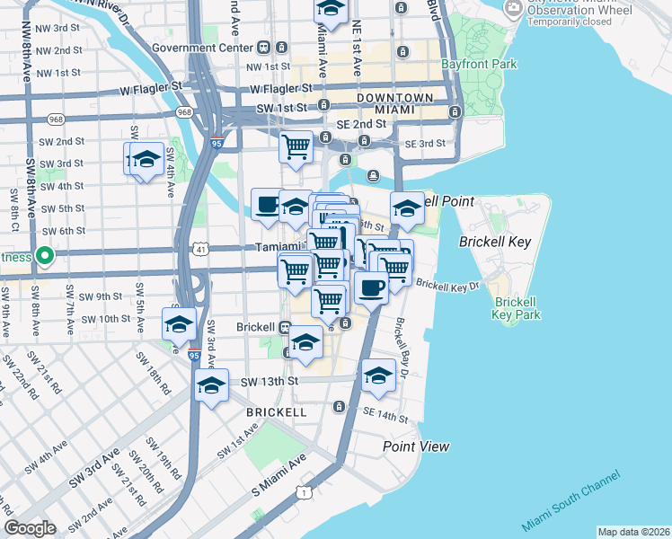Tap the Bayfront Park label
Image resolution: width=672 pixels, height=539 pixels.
[x=479, y=65]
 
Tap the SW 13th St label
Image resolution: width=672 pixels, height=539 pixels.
[x=269, y=382]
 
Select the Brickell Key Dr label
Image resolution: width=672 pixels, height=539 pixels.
[x=448, y=286]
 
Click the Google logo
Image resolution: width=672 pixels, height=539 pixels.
[x=30, y=528]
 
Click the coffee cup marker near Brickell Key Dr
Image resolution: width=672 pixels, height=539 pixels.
[x=371, y=287]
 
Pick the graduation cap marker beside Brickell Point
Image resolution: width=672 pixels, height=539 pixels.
[x=407, y=208]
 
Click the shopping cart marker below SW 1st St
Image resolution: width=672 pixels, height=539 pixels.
[x=296, y=146]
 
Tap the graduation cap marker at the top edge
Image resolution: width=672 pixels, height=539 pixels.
[x=331, y=9]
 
